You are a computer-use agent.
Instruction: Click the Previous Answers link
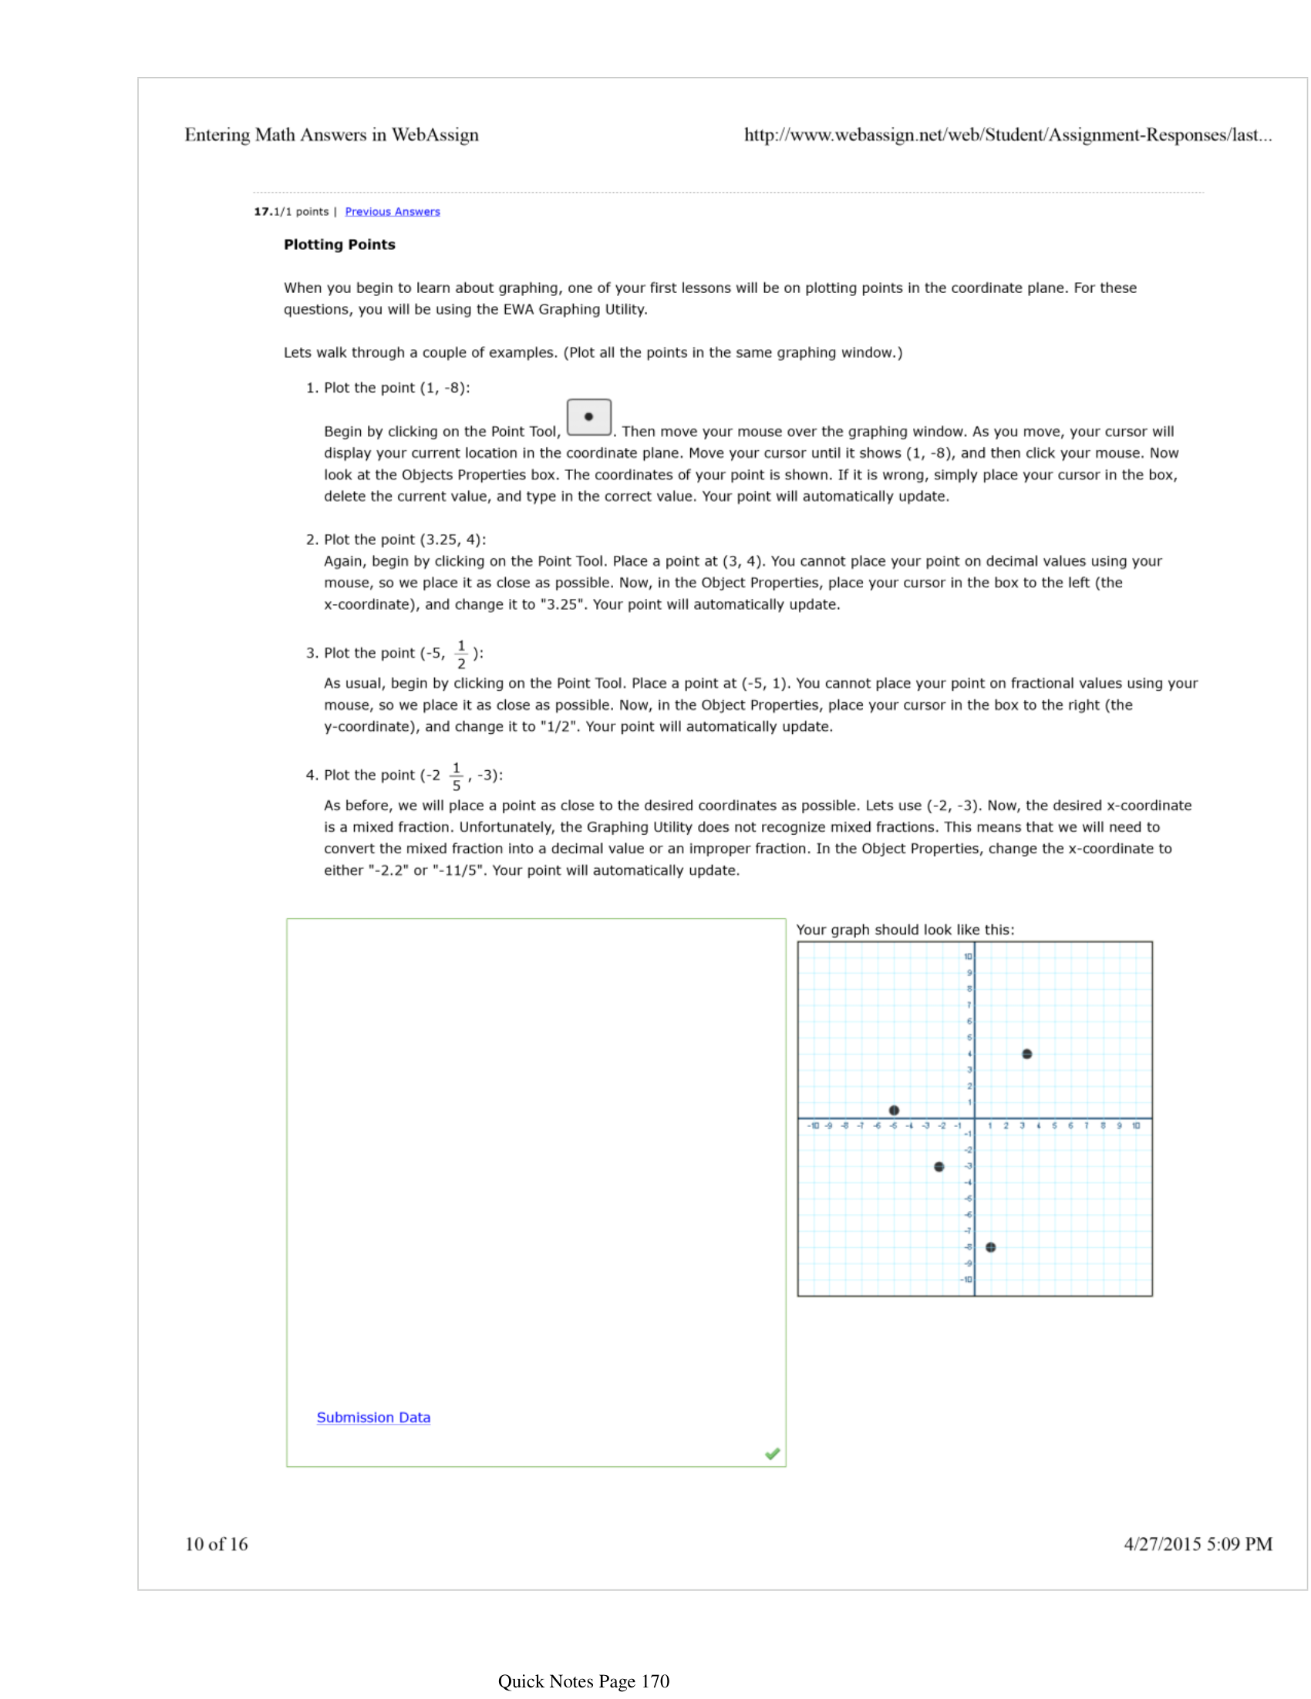point(392,211)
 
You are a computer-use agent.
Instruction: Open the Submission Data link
point(372,1418)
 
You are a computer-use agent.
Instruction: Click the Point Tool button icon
point(588,417)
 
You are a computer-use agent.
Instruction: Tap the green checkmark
point(772,1454)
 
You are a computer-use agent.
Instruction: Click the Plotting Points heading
point(339,244)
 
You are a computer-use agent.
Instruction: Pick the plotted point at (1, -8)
point(990,1247)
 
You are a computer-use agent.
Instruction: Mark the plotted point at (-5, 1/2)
point(894,1110)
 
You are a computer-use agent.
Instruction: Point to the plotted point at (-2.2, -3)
point(939,1167)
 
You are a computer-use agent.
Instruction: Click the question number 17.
point(261,211)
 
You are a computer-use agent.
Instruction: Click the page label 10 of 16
point(216,1544)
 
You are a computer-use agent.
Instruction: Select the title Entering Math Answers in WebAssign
point(332,135)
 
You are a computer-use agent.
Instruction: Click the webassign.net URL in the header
point(1008,135)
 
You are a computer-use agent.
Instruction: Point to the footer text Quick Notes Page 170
point(584,1681)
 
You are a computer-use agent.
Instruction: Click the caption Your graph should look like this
point(905,930)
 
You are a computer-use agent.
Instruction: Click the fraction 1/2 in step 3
point(461,654)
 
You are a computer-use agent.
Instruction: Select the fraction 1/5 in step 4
point(457,776)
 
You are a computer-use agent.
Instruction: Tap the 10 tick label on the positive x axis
point(1136,1125)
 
